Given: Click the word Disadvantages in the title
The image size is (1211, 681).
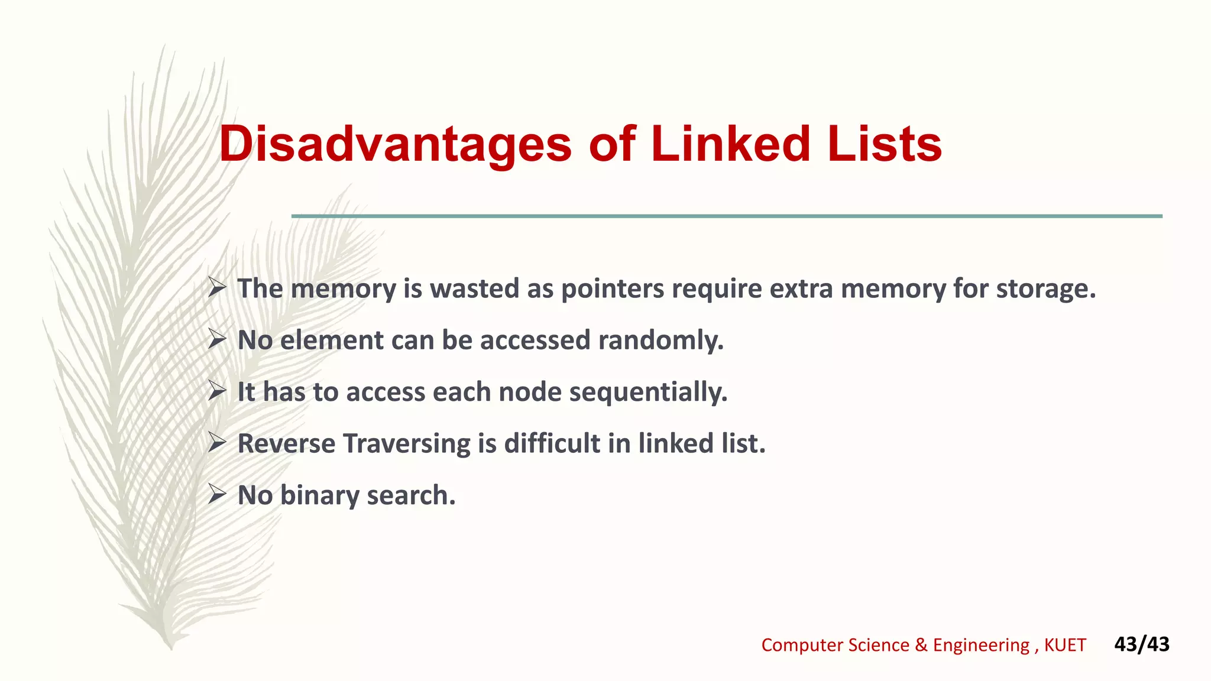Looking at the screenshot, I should click(x=395, y=145).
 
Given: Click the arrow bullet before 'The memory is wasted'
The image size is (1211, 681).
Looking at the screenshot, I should click(x=217, y=288).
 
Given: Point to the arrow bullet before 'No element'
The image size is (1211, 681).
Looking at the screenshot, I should click(x=217, y=340).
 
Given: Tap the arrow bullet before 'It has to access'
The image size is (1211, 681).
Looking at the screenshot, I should click(x=217, y=391).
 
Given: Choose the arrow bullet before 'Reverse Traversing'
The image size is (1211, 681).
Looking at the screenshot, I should click(x=217, y=443).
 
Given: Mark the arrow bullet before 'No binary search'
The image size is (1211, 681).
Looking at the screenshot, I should click(x=217, y=495).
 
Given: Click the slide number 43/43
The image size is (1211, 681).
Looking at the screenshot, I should click(x=1141, y=644).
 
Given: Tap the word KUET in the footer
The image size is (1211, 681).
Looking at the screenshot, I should click(x=1064, y=645).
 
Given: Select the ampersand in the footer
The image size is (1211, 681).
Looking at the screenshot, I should click(x=921, y=645).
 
